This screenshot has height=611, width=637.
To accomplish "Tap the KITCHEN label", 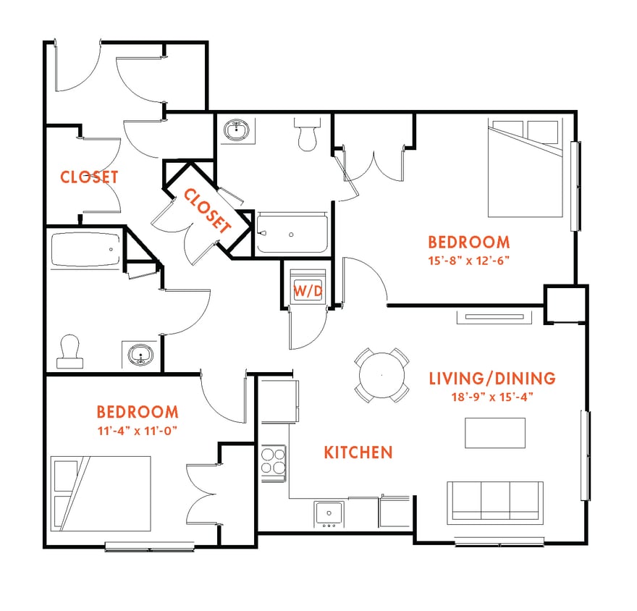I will pos(358,452).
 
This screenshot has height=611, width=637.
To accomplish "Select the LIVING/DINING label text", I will pos(492,378).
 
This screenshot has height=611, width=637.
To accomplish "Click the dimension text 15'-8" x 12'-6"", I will pos(468,261).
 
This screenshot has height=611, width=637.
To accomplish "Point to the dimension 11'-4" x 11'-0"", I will pos(137,430).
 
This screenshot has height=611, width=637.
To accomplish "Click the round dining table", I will pos(381,375).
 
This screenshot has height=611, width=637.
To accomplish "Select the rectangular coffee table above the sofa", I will pos(495,434).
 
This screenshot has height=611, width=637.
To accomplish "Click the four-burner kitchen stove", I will pos(274,463).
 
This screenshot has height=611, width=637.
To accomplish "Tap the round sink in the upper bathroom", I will pos(236,131).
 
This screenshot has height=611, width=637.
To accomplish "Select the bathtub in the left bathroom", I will pos(85,250).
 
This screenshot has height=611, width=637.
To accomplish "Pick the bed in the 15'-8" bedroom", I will pos(525,168).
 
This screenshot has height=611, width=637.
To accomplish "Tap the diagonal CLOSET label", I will pos(207,211).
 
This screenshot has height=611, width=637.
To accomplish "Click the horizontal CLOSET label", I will pos(89,177).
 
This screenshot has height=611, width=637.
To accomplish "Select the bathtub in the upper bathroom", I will pos(292,233).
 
